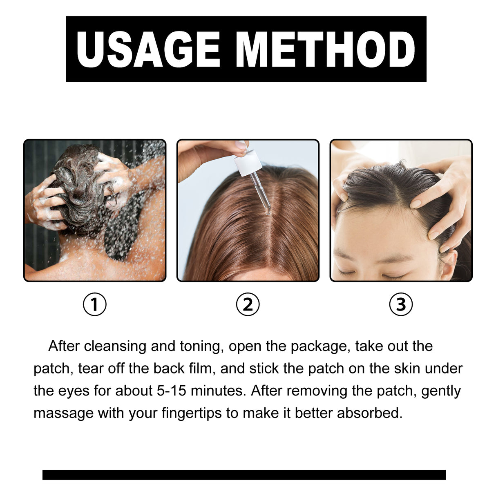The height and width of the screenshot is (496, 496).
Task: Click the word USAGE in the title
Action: pos(148,50)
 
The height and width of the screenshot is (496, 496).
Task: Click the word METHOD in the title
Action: pos(325,50)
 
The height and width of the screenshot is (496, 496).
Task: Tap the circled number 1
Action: pos(95,304)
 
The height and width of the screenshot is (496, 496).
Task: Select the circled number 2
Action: pos(248,304)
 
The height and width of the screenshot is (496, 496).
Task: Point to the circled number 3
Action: pos(401,304)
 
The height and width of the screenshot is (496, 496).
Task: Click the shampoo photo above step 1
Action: pos(95,210)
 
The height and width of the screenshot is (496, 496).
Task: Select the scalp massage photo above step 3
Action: pos(401,210)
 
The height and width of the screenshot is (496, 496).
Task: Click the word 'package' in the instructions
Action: pos(320,346)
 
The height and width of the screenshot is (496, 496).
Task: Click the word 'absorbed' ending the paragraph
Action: pos(369,413)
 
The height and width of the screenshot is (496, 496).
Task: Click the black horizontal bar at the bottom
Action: pos(244,474)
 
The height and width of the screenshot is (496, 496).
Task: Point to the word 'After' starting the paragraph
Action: pos(64,346)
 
